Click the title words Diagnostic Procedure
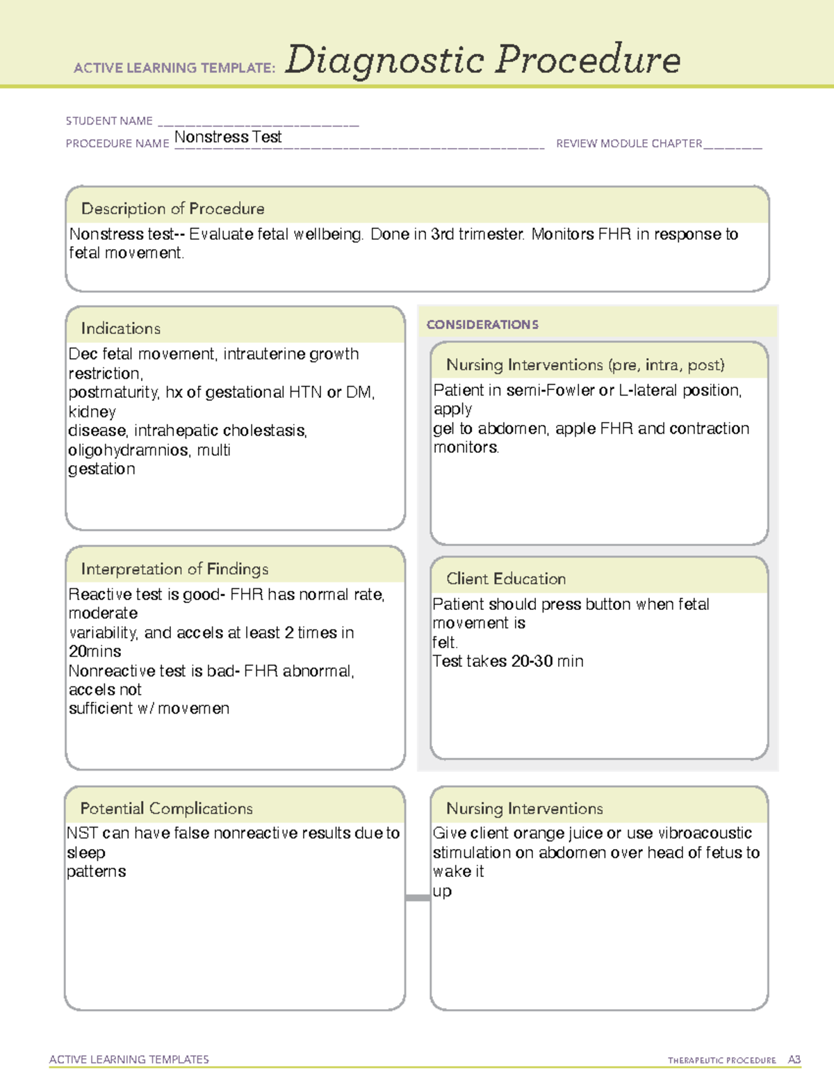point(482,60)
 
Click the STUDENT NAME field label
point(109,121)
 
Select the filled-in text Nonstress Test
point(228,137)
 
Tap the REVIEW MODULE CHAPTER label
point(629,143)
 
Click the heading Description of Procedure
point(172,209)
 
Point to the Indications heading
point(120,328)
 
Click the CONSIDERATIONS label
point(482,325)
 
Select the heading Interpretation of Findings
point(174,569)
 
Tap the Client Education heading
point(506,579)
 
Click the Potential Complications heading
point(166,808)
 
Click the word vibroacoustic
point(705,833)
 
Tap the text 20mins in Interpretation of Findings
point(95,652)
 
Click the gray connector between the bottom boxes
point(418,898)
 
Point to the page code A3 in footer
point(794,1060)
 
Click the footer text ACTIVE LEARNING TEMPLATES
point(129,1059)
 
